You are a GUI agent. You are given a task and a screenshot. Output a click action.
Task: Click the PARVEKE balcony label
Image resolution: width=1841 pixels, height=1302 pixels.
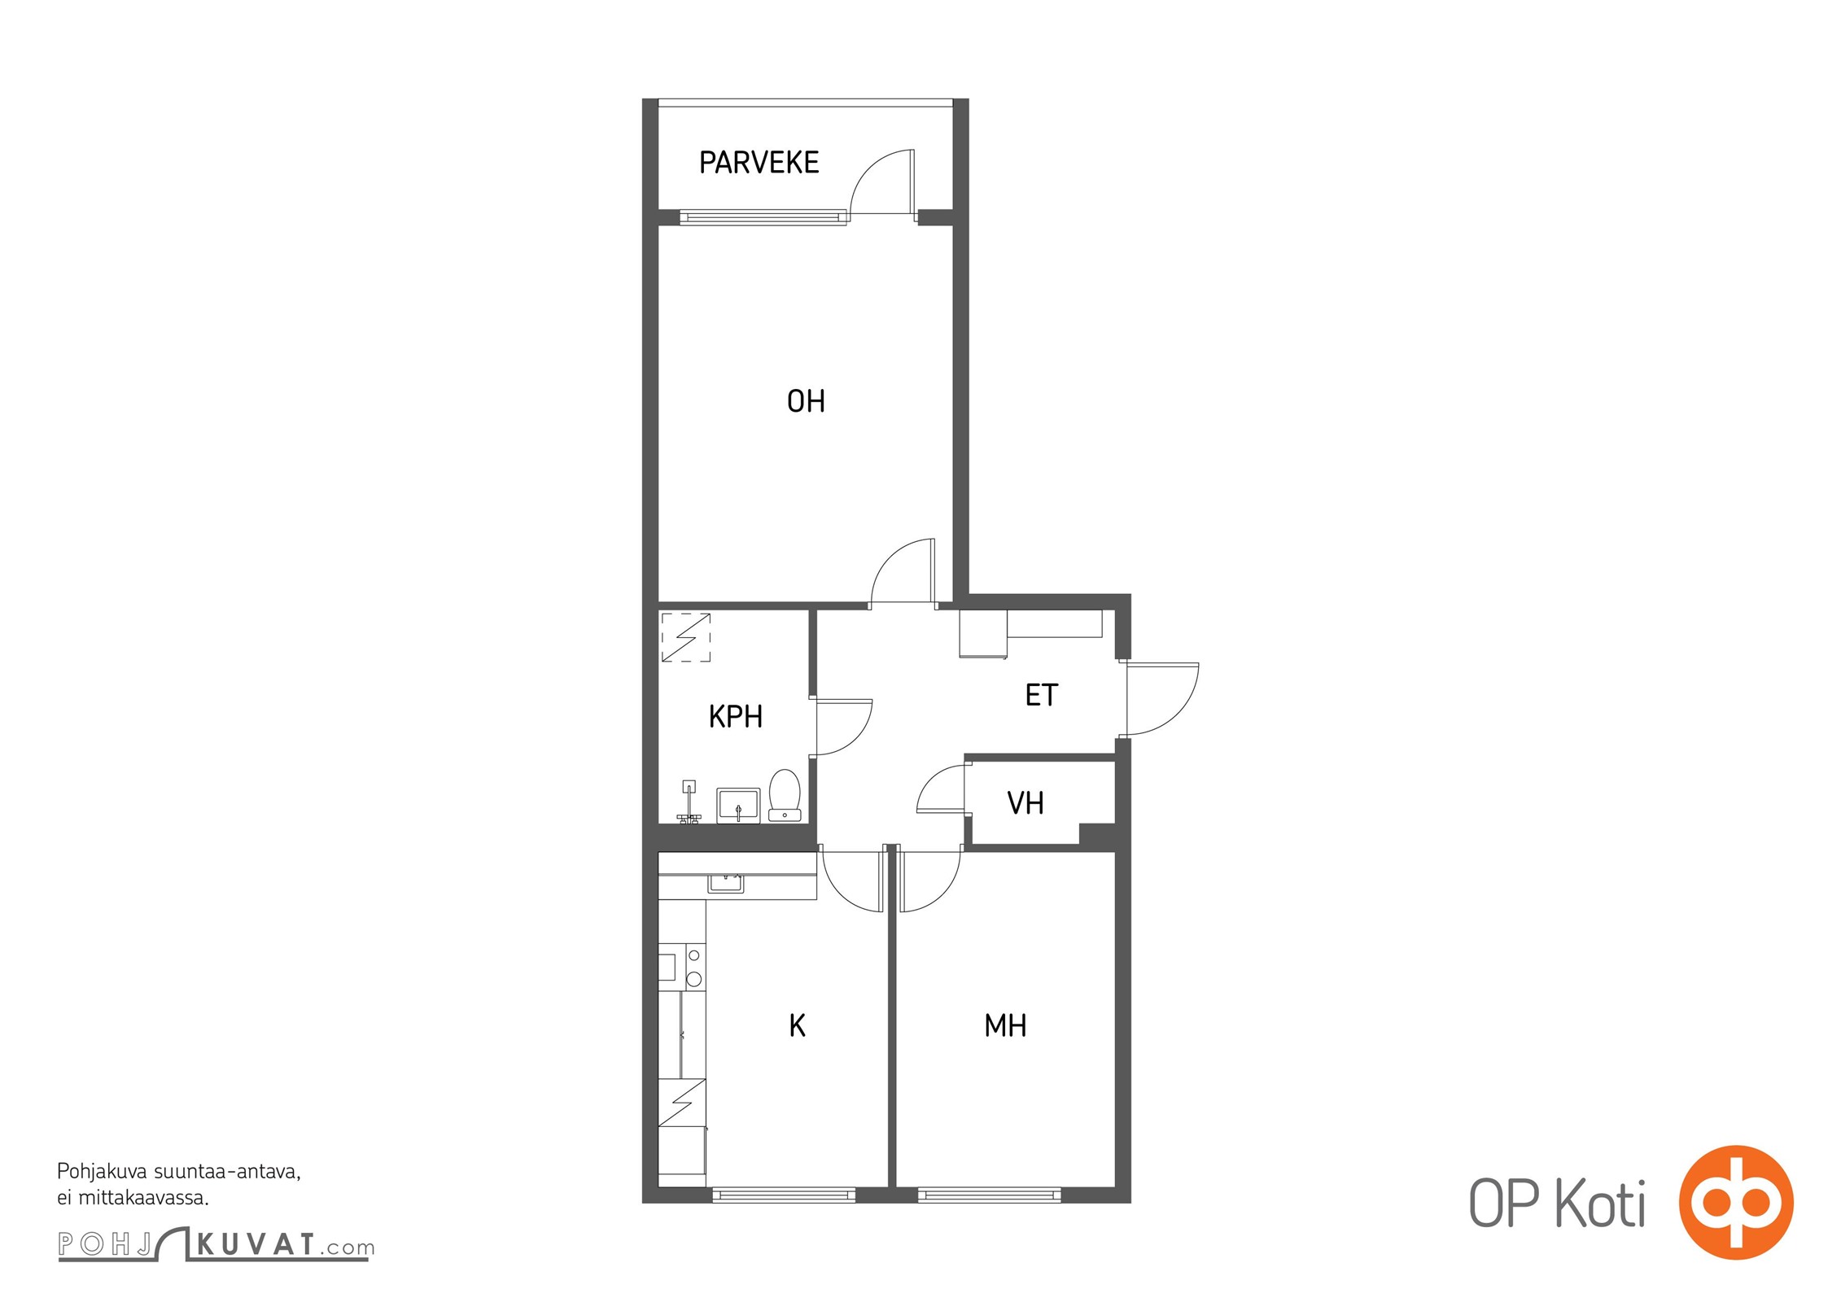(759, 163)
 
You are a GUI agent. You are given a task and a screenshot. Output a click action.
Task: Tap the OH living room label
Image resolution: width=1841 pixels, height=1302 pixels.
(806, 401)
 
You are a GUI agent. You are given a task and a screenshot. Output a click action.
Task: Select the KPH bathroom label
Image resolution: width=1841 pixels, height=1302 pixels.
(736, 717)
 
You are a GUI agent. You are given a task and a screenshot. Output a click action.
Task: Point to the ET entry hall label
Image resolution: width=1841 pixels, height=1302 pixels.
(1042, 695)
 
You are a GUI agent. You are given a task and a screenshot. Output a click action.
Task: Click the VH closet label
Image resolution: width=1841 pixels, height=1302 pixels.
(1025, 803)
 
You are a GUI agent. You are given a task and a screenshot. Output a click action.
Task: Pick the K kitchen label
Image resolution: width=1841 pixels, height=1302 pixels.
(798, 1025)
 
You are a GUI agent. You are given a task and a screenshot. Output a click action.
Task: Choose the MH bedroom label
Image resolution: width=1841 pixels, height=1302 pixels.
(1005, 1025)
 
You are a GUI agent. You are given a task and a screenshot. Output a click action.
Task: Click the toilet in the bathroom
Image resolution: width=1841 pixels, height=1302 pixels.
(785, 795)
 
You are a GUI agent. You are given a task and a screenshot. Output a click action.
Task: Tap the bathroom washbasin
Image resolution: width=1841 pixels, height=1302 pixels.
(738, 805)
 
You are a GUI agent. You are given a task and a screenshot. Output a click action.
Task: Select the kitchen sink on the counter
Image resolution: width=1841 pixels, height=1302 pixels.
(725, 882)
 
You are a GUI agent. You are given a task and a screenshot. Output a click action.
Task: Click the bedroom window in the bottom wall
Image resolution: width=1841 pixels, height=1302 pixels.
(990, 1195)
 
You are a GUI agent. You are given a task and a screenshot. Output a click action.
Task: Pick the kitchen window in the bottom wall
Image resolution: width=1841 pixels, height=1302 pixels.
(784, 1195)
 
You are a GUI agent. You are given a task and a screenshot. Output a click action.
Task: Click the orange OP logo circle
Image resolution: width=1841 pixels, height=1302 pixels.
(1735, 1202)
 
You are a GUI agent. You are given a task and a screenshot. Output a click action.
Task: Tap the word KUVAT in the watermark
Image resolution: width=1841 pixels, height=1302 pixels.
(256, 1244)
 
